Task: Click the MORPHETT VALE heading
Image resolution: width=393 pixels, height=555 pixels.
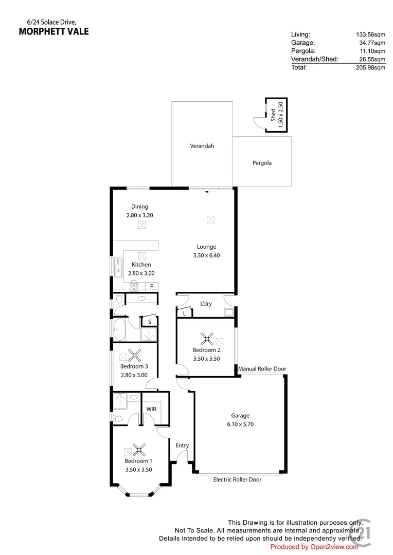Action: (x=53, y=31)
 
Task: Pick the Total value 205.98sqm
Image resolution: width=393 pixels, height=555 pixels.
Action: (x=371, y=67)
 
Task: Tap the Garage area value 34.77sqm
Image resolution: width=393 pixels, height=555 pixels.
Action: (x=372, y=43)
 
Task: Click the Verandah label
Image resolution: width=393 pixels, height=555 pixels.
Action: (x=202, y=146)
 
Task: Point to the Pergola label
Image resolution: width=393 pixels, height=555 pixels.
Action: (x=262, y=163)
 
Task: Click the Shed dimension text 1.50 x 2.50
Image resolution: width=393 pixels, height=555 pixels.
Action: (x=280, y=115)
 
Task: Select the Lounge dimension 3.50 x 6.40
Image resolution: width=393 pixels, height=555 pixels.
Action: (x=206, y=255)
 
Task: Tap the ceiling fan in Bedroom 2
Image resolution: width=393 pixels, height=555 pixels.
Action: (x=207, y=339)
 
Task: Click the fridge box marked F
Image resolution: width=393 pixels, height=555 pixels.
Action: (x=152, y=286)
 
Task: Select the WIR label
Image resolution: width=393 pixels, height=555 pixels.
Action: (x=151, y=409)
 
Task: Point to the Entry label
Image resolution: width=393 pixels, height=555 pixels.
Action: (x=182, y=446)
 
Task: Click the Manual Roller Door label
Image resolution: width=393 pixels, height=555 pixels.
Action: (x=262, y=369)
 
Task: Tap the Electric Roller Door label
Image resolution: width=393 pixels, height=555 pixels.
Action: (x=237, y=479)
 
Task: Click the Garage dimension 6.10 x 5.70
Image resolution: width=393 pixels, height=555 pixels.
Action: (x=240, y=424)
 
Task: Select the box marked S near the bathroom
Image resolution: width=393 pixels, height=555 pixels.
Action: (x=149, y=322)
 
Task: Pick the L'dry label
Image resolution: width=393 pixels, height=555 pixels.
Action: (x=206, y=304)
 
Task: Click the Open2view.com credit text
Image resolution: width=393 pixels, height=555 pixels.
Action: (x=314, y=547)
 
